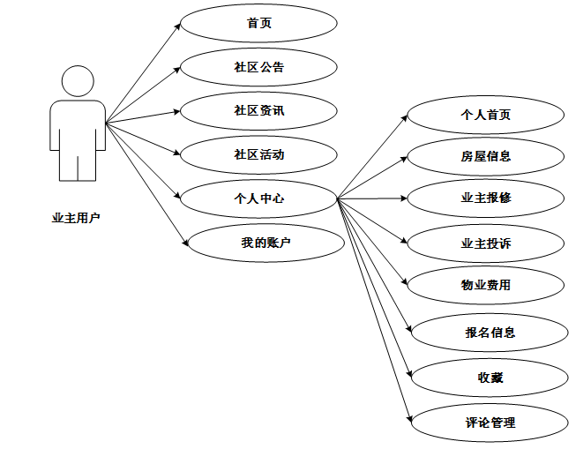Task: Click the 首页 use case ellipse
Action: click(x=258, y=23)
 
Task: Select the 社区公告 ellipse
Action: click(x=258, y=67)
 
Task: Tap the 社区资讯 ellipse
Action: click(x=258, y=111)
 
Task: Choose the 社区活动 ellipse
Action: click(x=258, y=154)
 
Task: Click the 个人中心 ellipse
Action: click(x=258, y=198)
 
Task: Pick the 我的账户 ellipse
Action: click(x=266, y=242)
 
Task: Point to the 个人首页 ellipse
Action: click(x=485, y=115)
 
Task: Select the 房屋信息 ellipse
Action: click(x=485, y=156)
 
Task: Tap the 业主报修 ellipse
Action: click(x=485, y=198)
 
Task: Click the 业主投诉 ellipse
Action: click(x=485, y=243)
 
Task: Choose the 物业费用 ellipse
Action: click(x=485, y=285)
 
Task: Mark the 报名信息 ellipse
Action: click(x=490, y=333)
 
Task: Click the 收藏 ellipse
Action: click(x=490, y=378)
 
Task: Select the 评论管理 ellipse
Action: click(x=490, y=423)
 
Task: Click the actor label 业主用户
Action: click(x=77, y=218)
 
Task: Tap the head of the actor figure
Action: click(x=78, y=81)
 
